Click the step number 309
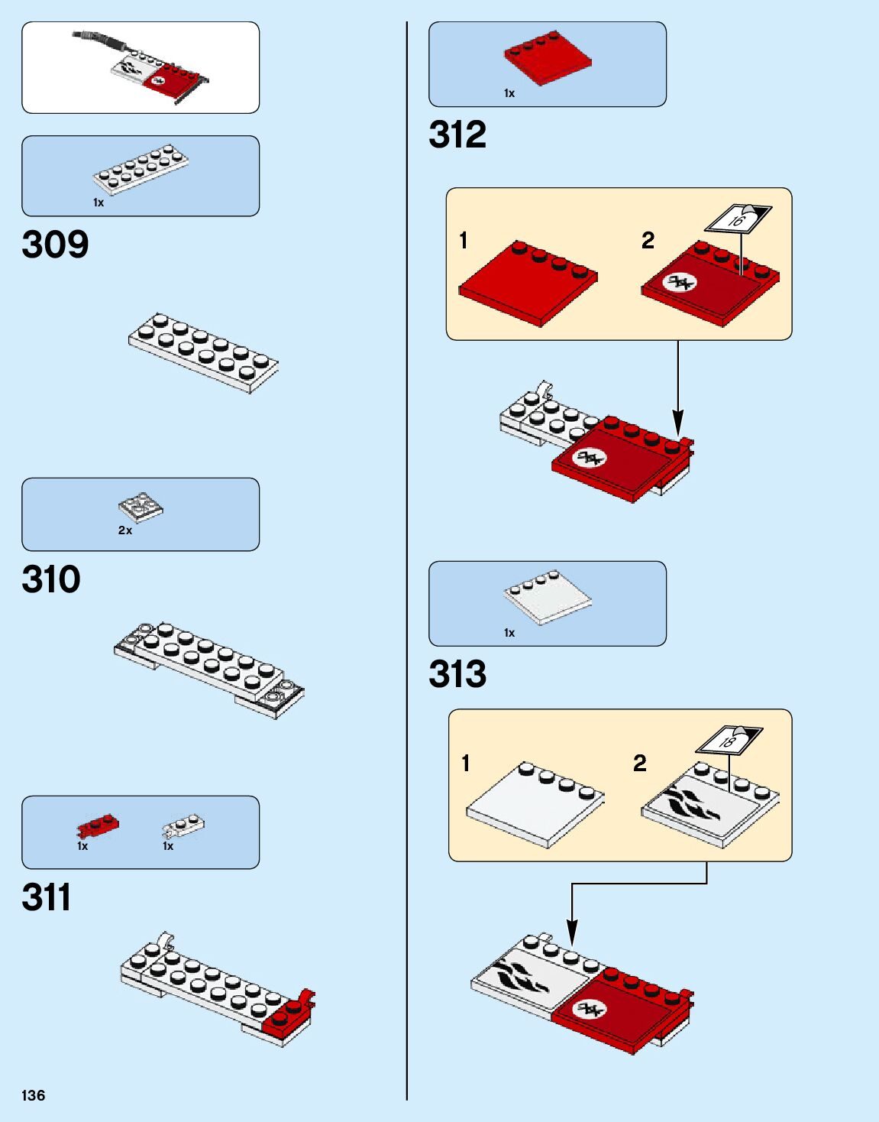pos(55,245)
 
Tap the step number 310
pos(51,579)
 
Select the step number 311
pos(47,897)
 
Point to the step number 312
pos(457,135)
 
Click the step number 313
pos(457,674)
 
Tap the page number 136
pos(34,1095)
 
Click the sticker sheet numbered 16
pos(738,219)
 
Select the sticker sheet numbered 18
pos(729,739)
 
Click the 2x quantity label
pos(125,530)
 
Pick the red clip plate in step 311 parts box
pos(98,825)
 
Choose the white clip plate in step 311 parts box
pos(183,825)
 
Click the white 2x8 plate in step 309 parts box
pos(141,170)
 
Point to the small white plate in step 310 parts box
pos(141,506)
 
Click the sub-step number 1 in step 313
pos(466,763)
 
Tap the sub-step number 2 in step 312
pos(648,241)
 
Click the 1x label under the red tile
pos(509,93)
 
